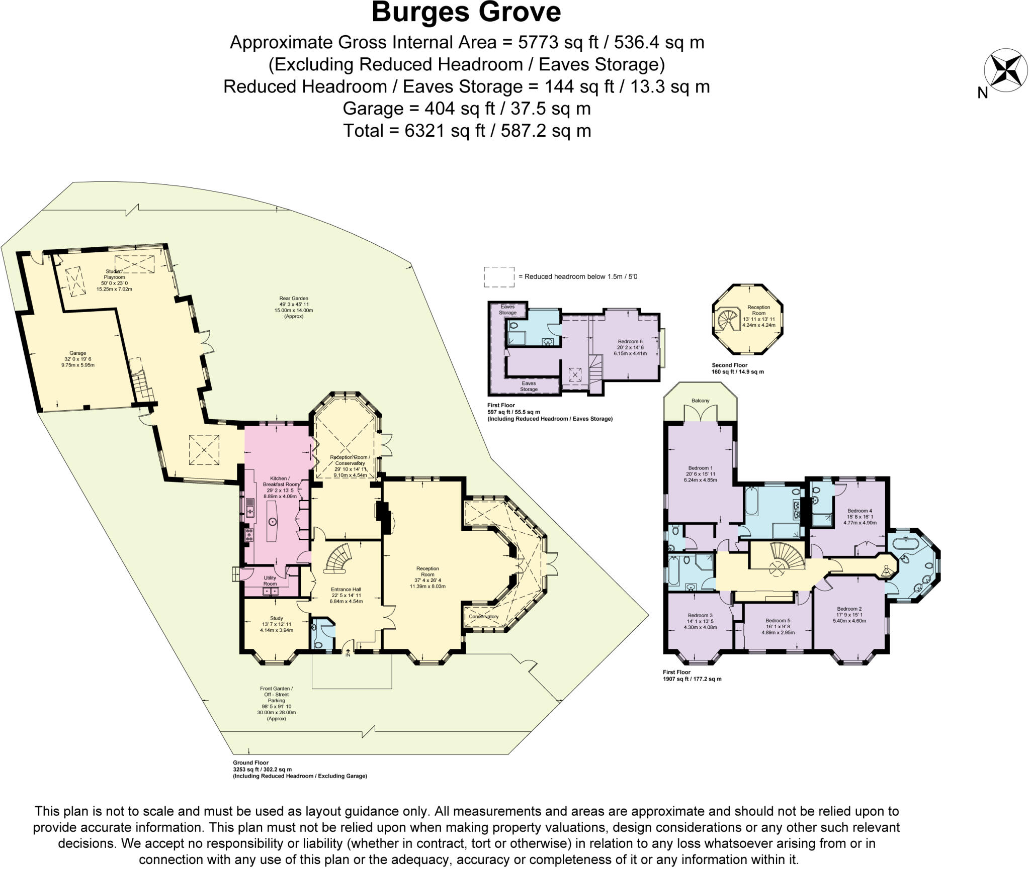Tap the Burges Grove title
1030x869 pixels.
click(466, 13)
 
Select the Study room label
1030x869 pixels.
click(276, 618)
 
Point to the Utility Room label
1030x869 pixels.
click(270, 581)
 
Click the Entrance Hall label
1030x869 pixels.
click(346, 590)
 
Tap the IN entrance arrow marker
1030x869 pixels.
click(348, 653)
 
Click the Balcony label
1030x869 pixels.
click(701, 401)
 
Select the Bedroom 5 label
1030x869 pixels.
click(778, 620)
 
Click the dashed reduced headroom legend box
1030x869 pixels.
click(499, 277)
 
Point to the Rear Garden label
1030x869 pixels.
click(294, 299)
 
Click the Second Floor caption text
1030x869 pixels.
click(729, 365)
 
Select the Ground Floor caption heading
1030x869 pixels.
click(250, 762)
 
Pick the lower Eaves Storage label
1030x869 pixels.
click(529, 386)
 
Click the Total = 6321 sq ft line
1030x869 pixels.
click(467, 131)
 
